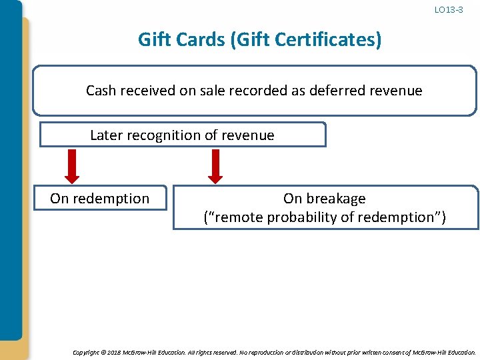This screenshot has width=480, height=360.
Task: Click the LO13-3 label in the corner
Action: coord(449,10)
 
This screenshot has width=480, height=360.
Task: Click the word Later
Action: coord(106,135)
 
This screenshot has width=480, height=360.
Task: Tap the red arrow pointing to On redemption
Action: coord(72,165)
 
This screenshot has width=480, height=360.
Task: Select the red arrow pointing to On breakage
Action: coord(215,165)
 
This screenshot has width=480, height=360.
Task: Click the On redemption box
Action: coord(100,198)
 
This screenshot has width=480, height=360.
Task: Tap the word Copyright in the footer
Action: coord(85,351)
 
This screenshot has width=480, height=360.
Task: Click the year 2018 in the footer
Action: coord(114,351)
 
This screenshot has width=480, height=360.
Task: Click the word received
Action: coord(147,91)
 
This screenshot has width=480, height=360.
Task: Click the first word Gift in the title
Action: coord(153,40)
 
